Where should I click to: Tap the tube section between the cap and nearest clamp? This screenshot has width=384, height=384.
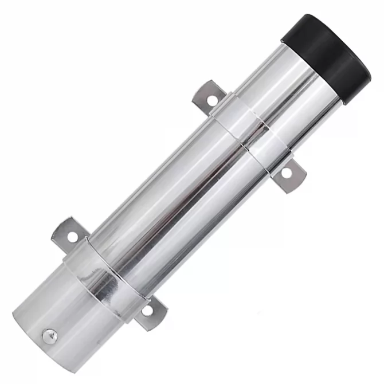(281, 97)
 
